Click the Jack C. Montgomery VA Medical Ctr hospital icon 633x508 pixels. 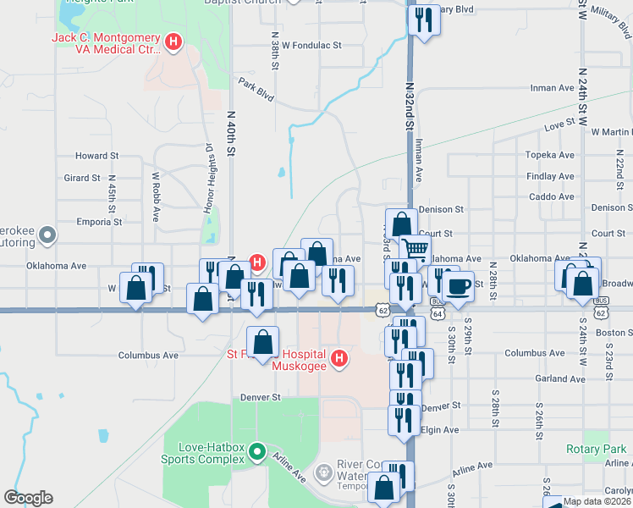[x=173, y=41]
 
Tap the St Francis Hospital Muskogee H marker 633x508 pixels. [x=340, y=359]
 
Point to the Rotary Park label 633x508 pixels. [x=597, y=450]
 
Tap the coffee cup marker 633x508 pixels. [x=458, y=285]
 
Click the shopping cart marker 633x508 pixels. [x=415, y=250]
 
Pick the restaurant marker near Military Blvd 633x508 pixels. [x=423, y=19]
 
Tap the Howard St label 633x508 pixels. [x=96, y=156]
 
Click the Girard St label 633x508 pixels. [x=82, y=178]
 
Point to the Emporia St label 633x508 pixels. [x=99, y=222]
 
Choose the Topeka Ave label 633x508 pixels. [x=550, y=155]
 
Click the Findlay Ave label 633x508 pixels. [x=550, y=176]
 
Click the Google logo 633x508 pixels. [x=28, y=498]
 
